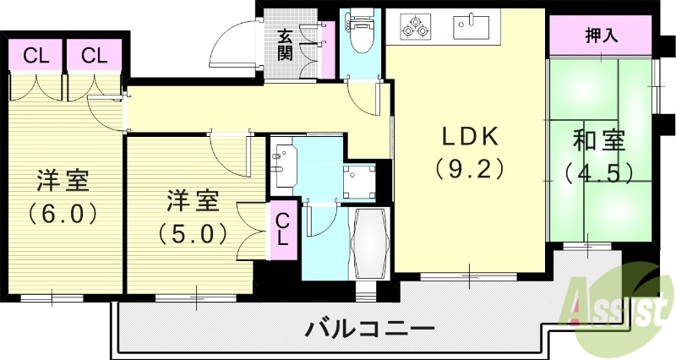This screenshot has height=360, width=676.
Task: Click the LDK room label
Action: tap(471, 136)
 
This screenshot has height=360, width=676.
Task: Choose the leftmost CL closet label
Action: tap(35, 57)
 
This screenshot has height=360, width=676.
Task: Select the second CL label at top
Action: tap(94, 57)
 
